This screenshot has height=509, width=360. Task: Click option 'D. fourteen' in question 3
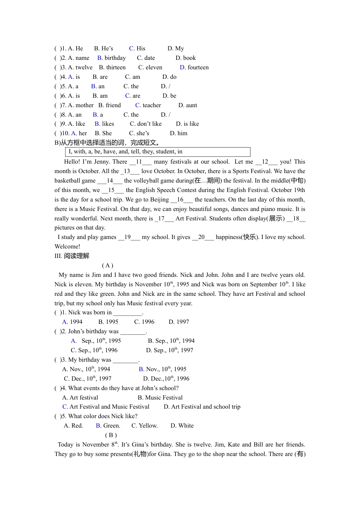click(x=194, y=67)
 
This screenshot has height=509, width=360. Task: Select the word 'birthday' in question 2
click(x=115, y=58)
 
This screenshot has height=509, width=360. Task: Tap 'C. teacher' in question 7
click(x=148, y=105)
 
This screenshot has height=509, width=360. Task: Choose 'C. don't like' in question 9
click(x=146, y=124)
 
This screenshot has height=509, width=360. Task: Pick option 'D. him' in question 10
click(x=178, y=133)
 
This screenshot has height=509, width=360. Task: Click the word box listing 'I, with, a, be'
click(x=158, y=152)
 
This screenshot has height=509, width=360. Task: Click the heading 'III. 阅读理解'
click(x=72, y=256)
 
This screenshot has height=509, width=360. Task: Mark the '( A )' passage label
click(x=108, y=265)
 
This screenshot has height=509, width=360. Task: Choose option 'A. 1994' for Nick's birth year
click(x=72, y=322)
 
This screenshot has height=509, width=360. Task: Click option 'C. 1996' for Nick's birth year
click(x=144, y=322)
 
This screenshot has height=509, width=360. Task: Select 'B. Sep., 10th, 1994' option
click(x=171, y=341)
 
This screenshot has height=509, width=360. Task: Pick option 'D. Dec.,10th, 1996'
click(x=166, y=379)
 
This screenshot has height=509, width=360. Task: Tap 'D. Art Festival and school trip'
click(x=202, y=407)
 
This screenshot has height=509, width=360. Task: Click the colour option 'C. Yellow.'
click(x=144, y=426)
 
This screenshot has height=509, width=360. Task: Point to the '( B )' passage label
click(x=111, y=435)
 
